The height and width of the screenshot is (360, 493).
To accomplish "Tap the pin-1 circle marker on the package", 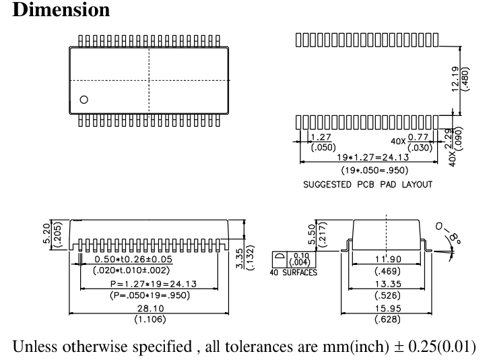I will (84, 100).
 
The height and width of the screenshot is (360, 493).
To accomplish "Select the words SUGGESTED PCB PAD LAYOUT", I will (367, 184).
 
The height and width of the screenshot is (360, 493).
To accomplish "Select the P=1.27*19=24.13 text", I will (149, 284).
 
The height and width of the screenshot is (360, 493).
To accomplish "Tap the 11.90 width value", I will (385, 260).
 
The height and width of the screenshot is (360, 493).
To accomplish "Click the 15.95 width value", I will (385, 308).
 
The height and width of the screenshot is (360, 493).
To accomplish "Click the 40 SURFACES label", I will (294, 273).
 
